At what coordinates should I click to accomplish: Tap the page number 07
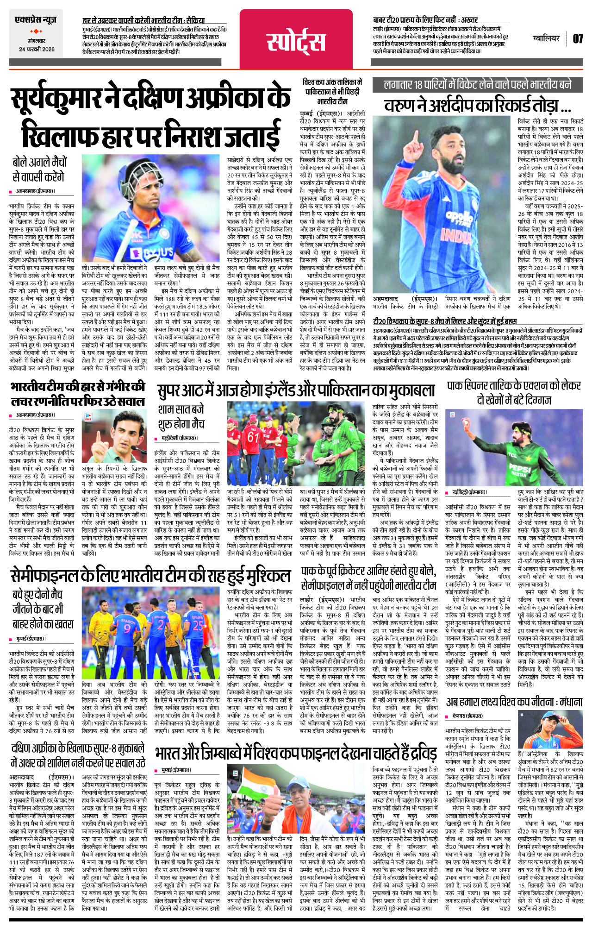pos(578,39)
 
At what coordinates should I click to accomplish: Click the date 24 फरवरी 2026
pos(37,49)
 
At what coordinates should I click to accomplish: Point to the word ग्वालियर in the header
pos(546,38)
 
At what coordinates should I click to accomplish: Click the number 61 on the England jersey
pos(253,437)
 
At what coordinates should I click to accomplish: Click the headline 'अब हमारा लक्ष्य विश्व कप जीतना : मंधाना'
pos(514,703)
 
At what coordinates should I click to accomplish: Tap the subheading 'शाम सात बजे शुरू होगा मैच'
pos(181,416)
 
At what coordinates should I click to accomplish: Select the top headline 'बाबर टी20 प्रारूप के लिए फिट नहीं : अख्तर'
pos(425,20)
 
